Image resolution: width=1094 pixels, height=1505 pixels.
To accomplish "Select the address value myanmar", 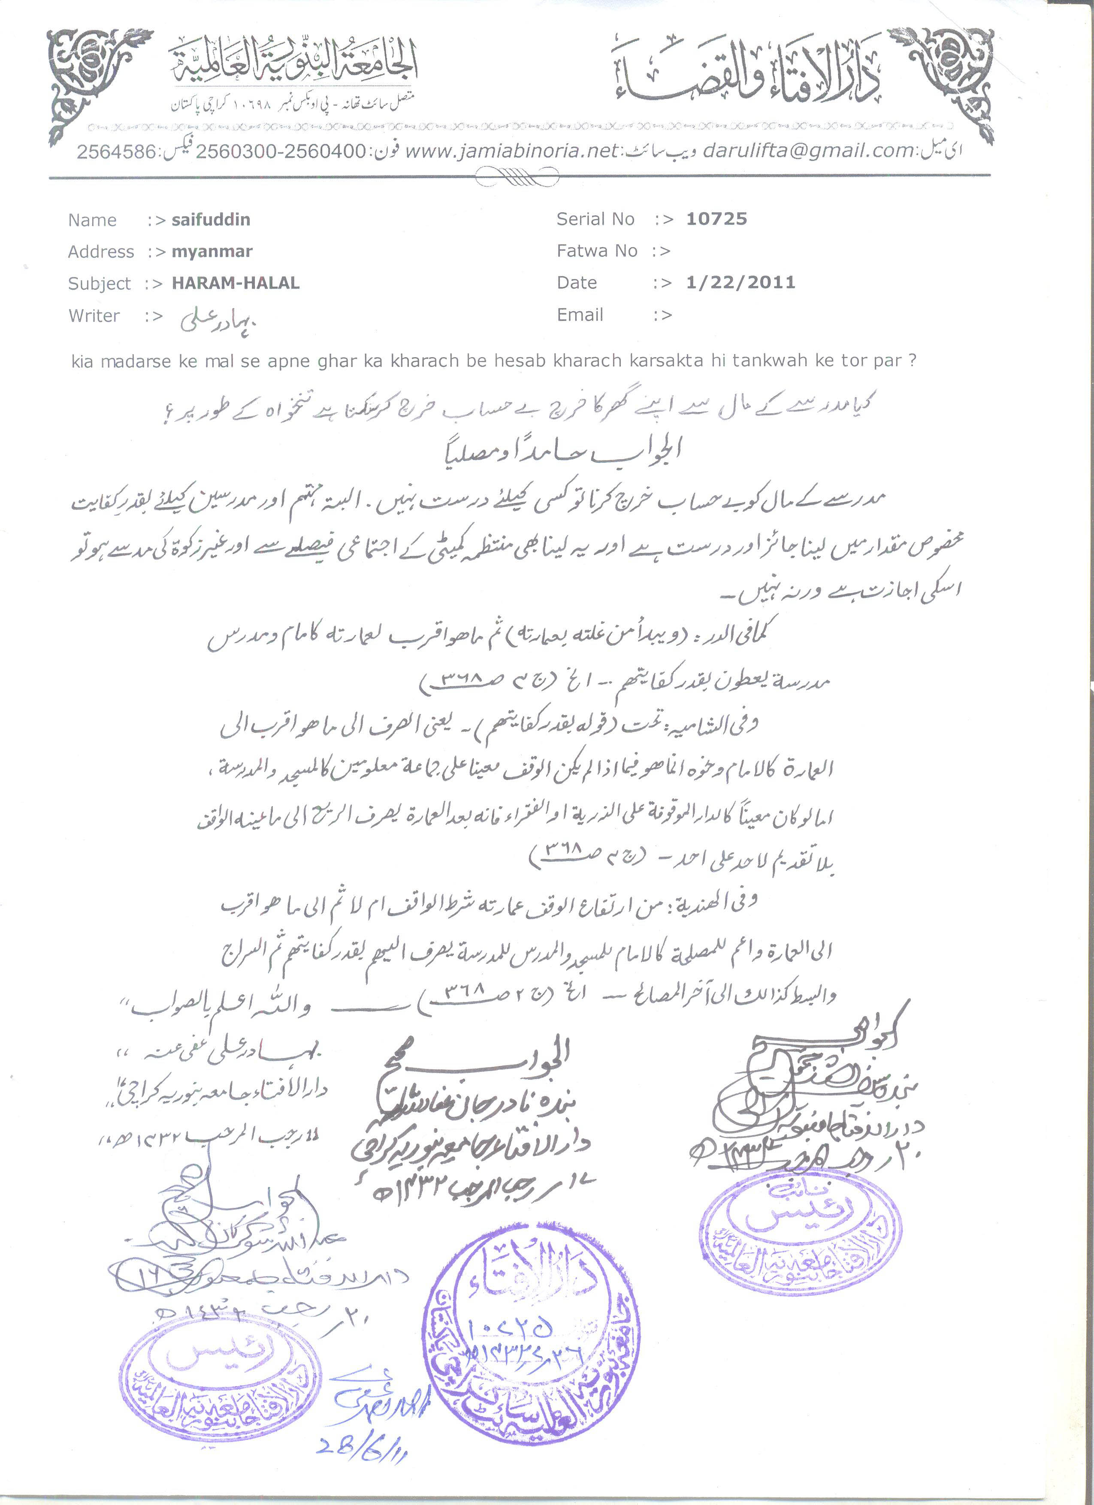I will [x=212, y=252].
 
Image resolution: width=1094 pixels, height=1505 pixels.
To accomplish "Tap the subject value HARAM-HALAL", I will [x=236, y=283].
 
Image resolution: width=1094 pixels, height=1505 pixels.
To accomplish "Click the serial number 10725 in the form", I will [x=716, y=219].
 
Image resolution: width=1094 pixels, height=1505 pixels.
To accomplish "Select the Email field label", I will [x=580, y=315].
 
